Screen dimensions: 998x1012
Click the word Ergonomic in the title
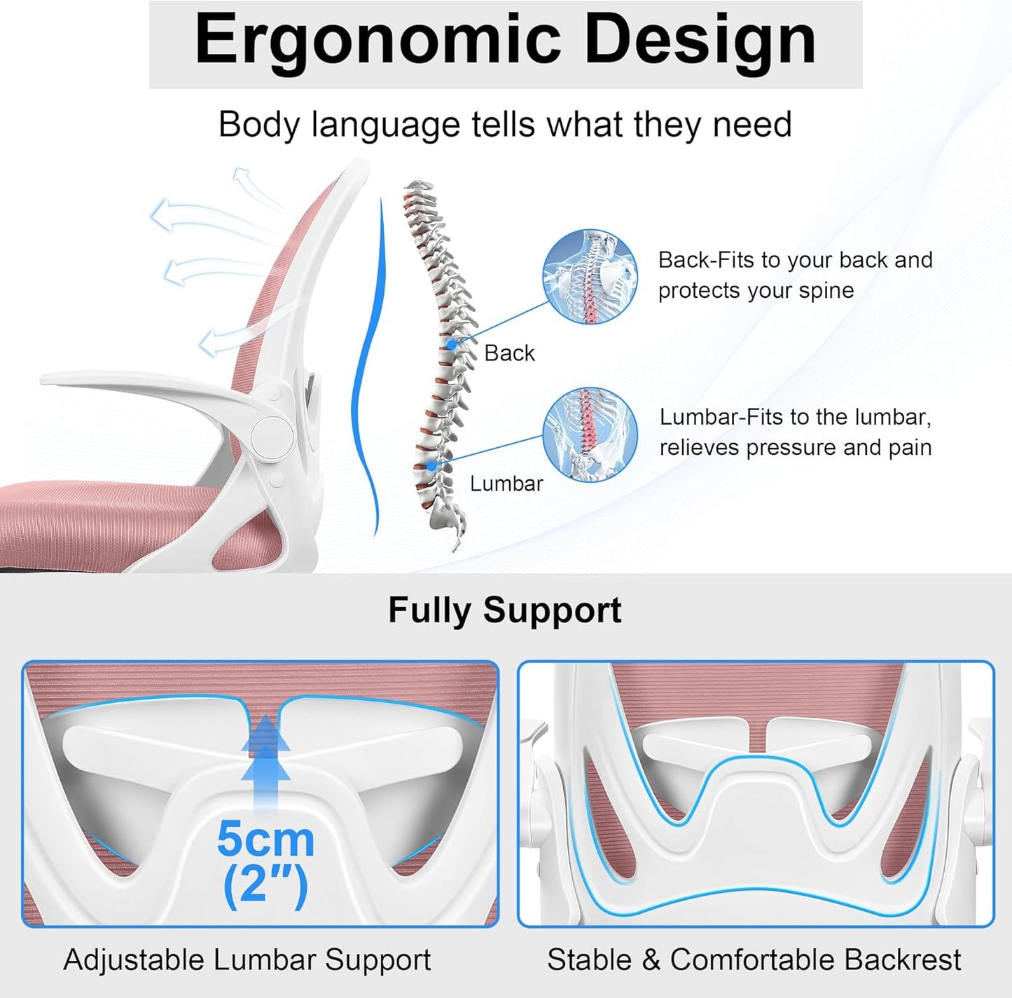tap(378, 41)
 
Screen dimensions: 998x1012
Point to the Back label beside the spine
tap(509, 353)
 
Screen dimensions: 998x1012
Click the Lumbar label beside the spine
tap(506, 484)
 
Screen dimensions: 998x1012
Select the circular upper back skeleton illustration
tap(590, 277)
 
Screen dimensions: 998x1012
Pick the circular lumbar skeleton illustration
tap(590, 435)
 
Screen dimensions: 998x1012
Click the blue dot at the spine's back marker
tap(452, 344)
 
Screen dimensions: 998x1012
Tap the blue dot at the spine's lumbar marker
tap(431, 465)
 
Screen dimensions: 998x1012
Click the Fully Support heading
tap(504, 610)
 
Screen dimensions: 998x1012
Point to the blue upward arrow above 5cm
tap(265, 753)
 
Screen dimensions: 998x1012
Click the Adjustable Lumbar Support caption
tap(247, 959)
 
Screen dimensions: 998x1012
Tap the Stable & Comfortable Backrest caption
tap(754, 959)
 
